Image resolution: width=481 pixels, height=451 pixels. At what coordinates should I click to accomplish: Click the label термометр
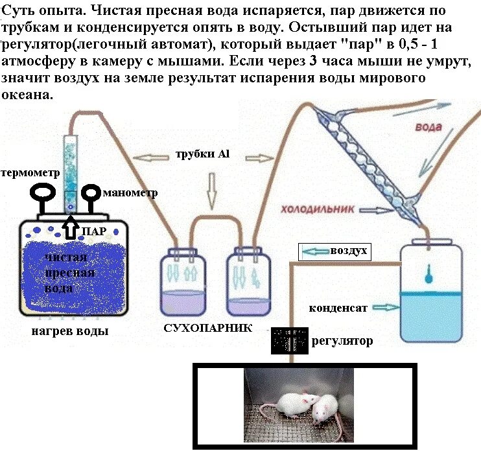(31, 174)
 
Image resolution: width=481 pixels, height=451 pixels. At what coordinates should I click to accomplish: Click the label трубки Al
(203, 155)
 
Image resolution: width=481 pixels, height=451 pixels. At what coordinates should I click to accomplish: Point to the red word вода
(428, 127)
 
